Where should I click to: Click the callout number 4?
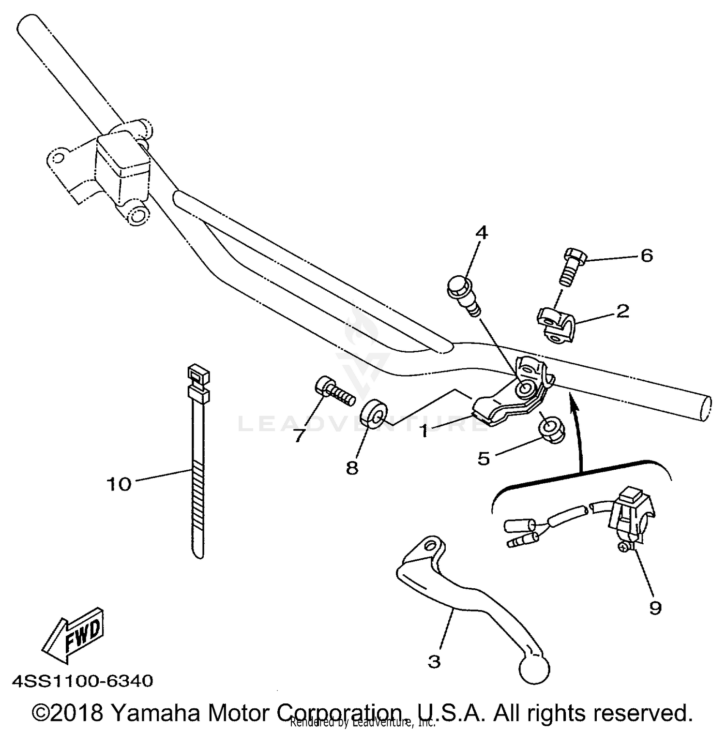481,233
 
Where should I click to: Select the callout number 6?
647,255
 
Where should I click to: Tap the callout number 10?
119,483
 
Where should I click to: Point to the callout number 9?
655,608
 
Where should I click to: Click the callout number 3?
434,661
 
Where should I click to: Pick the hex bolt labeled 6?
574,266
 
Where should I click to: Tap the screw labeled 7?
334,391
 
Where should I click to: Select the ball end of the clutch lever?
534,669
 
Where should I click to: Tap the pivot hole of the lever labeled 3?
429,545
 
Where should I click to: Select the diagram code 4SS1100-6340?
82,681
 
